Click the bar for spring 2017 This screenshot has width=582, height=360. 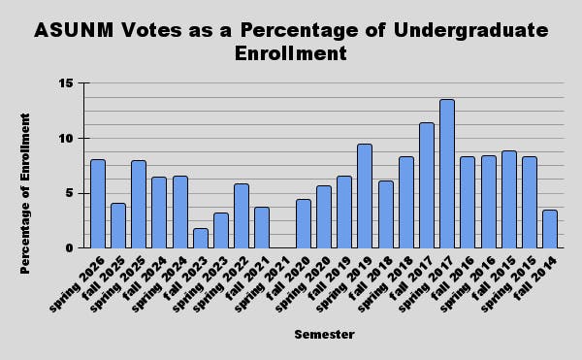coord(447,174)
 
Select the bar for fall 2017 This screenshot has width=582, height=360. coord(427,185)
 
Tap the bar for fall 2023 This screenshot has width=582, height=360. coord(201,238)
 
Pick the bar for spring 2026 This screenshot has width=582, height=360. coord(98,204)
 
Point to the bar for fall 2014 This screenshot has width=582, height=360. coord(550,229)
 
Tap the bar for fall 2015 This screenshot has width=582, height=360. coord(509,199)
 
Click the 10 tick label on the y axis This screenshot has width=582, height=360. coord(67,138)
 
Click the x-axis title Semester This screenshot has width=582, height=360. coord(324,335)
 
